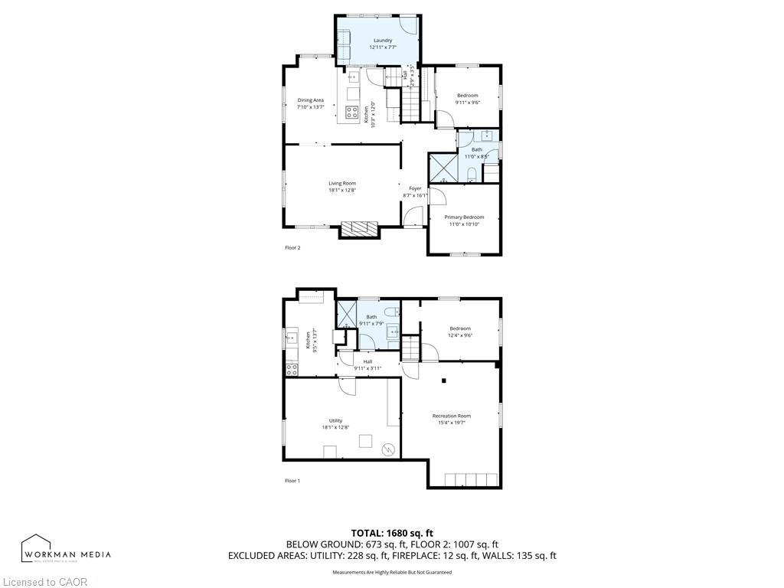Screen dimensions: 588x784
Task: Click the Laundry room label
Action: [383, 41]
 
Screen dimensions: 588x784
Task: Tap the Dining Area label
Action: [310, 100]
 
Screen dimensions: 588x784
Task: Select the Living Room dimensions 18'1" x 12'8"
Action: [342, 191]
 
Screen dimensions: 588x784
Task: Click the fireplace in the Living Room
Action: [359, 228]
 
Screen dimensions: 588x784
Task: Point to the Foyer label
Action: [415, 188]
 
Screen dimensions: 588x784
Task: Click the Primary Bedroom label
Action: [464, 217]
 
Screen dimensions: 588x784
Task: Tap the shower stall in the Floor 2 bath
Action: [443, 168]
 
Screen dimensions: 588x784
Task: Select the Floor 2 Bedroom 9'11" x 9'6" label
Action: [467, 96]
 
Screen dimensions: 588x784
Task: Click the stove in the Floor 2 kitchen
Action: [352, 113]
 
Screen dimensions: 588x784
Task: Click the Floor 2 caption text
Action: [292, 248]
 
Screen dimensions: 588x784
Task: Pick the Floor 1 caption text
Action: [292, 481]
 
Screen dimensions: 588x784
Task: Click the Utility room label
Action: [335, 420]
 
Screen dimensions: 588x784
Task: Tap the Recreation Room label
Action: [451, 416]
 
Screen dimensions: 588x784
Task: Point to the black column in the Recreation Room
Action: [444, 381]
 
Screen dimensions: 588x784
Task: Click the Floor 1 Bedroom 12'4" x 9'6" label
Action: [460, 328]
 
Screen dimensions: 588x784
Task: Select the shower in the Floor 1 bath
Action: [348, 314]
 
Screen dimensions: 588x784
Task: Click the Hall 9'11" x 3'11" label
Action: [367, 361]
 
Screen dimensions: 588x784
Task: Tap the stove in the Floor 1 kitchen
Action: [292, 369]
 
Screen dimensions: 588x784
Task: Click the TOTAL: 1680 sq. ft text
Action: [392, 533]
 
